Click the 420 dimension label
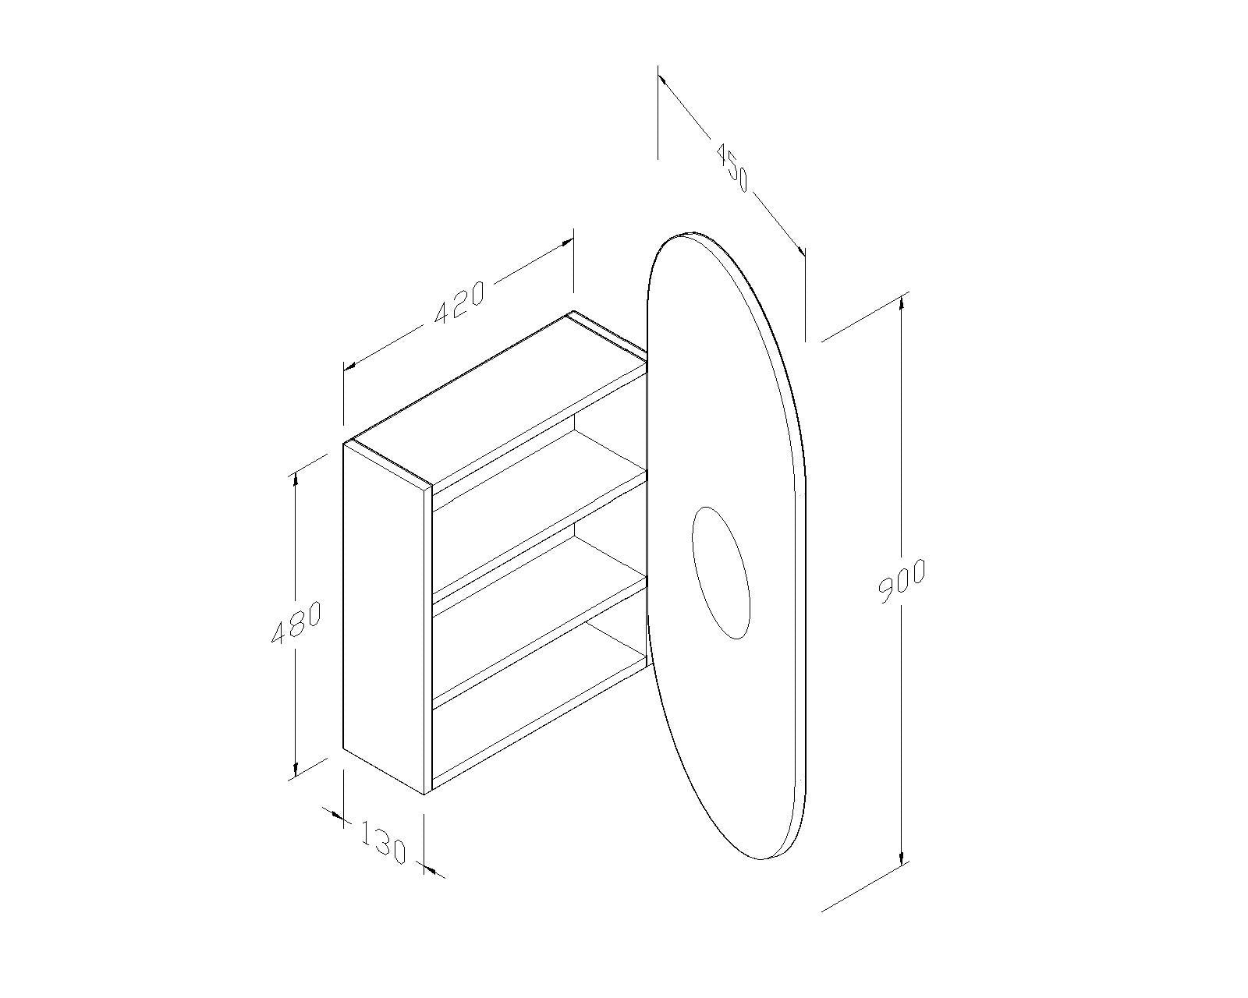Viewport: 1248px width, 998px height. tap(459, 301)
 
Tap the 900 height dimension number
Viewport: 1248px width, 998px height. tap(902, 582)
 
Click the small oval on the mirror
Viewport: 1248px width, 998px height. tap(721, 574)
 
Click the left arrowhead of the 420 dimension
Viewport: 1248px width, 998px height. tap(350, 364)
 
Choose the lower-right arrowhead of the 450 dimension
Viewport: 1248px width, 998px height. tap(799, 249)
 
